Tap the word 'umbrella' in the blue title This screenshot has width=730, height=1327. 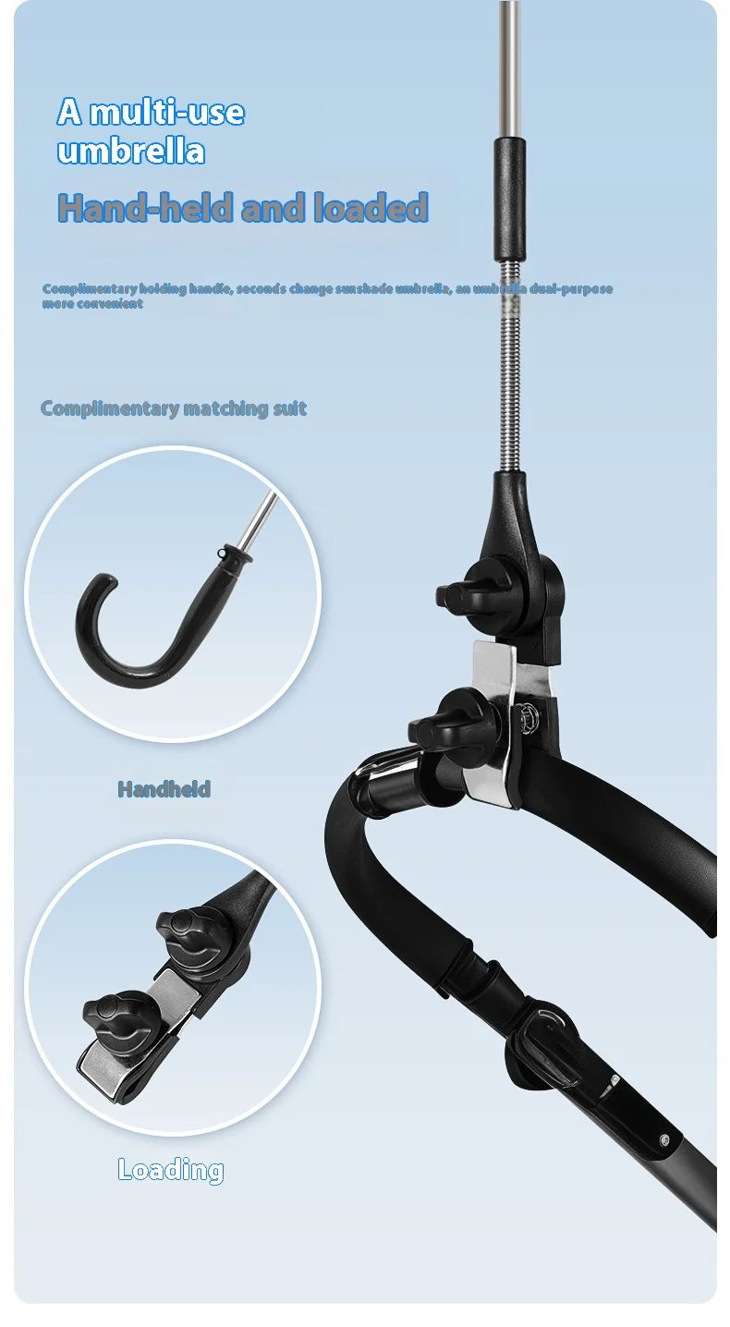131,151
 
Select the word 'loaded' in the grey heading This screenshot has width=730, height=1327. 371,207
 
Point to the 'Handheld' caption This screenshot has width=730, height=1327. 164,789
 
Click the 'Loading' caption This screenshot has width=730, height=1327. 171,1170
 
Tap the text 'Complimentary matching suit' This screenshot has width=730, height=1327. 173,408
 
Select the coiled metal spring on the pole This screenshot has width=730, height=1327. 510,366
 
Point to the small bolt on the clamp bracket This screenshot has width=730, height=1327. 526,715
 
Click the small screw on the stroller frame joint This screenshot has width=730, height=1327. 663,1138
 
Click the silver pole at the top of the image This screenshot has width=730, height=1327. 508,69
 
